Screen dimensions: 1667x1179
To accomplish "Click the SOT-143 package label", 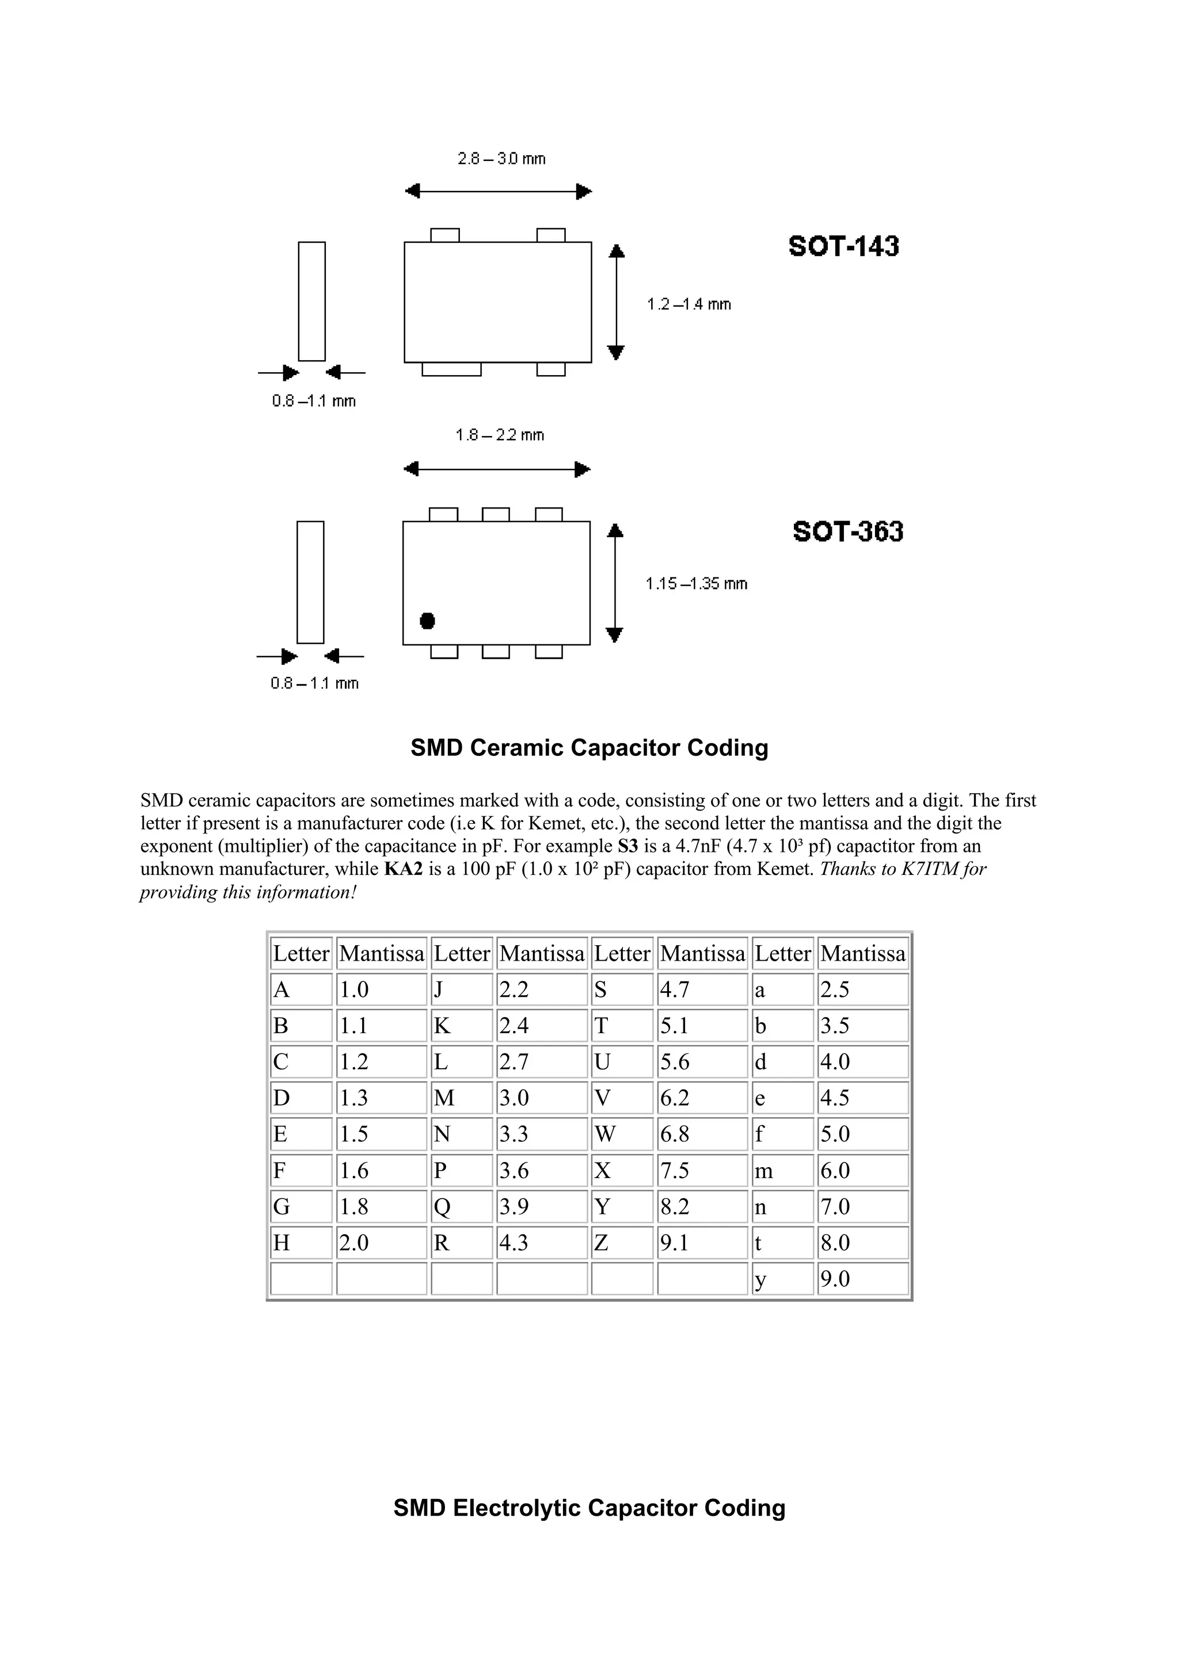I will click(x=843, y=246).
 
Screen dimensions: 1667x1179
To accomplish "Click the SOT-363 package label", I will click(x=848, y=532).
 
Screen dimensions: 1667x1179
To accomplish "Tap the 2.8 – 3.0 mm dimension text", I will click(x=501, y=158).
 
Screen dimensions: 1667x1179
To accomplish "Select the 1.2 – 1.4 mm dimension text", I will click(x=689, y=304).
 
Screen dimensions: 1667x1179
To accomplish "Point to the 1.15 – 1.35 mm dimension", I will click(x=696, y=583).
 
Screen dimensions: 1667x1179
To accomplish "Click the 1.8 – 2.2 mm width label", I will click(x=500, y=435).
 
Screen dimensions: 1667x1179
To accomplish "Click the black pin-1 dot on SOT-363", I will click(x=427, y=621).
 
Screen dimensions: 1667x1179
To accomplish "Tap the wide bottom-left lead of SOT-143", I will click(x=451, y=369).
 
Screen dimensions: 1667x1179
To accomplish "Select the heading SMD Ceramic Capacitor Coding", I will click(x=589, y=748).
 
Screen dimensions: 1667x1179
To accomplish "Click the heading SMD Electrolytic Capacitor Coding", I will click(x=589, y=1508).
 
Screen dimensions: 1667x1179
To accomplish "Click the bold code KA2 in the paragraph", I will click(x=403, y=869).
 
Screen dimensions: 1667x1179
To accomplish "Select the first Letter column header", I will click(x=301, y=953).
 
